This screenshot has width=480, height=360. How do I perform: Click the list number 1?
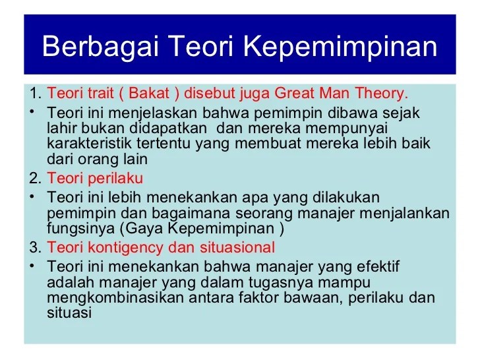34,92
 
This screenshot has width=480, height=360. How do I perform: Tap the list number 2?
34,179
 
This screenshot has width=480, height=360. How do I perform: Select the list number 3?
34,248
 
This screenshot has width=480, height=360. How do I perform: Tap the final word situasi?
69,314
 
